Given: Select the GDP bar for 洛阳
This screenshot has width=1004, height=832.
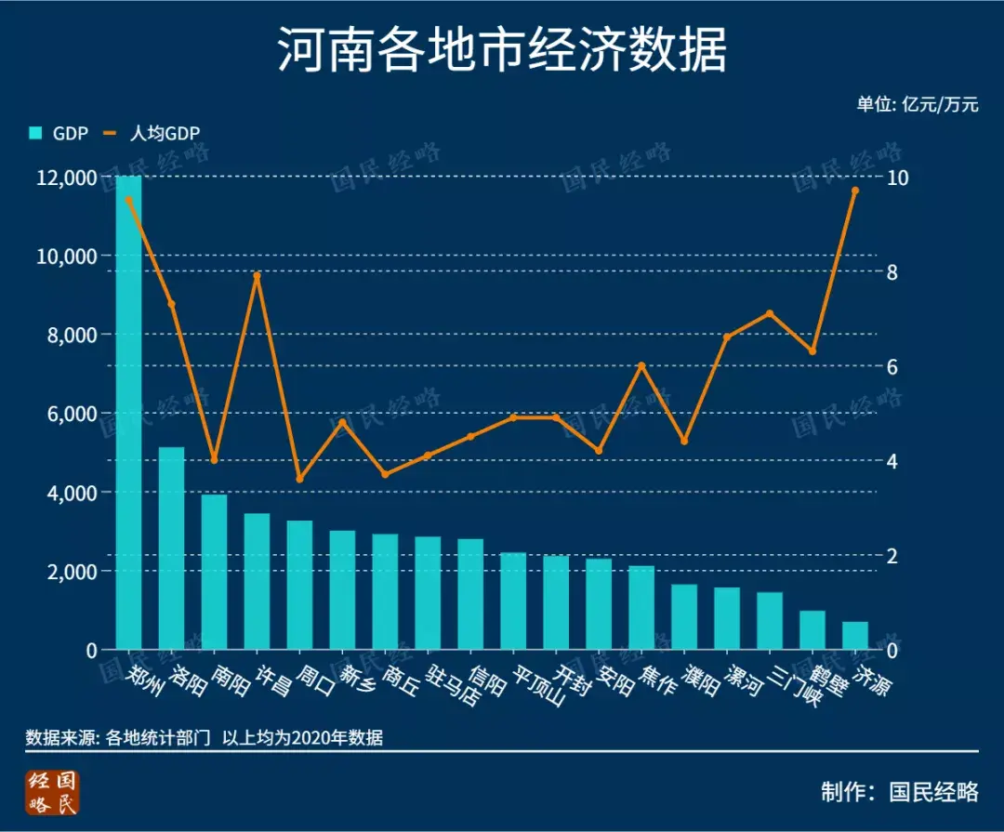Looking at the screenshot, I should (171, 548).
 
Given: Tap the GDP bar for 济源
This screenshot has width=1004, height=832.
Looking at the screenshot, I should (855, 636).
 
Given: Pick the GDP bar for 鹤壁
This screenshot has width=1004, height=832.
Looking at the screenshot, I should (812, 630).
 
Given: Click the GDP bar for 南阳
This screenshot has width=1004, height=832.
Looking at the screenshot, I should (214, 572).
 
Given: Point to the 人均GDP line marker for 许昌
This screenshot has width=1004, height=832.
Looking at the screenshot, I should (258, 275).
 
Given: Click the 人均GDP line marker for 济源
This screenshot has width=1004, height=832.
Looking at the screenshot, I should (855, 191).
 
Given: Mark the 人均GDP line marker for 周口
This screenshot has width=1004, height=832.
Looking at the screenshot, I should (299, 479).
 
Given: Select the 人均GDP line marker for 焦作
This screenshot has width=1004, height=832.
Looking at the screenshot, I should (641, 365).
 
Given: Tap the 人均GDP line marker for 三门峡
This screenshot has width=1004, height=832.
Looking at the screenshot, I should (770, 313).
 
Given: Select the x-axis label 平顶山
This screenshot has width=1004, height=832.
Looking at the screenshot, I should (539, 685).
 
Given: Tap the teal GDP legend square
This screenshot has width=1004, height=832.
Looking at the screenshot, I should (35, 133).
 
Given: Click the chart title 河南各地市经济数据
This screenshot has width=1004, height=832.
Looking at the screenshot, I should (502, 51).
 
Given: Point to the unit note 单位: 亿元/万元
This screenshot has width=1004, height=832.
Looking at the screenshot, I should (918, 104).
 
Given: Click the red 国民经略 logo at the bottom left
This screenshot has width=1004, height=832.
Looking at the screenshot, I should (54, 792).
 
